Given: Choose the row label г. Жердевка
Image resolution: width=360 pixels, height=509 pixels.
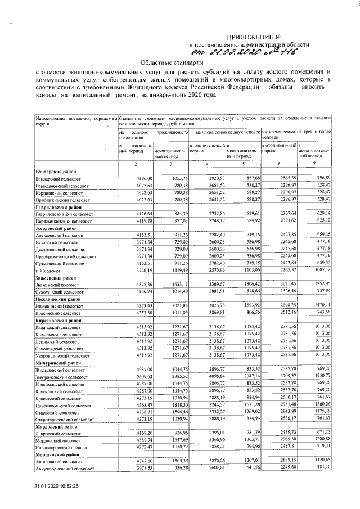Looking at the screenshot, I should (47, 269).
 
